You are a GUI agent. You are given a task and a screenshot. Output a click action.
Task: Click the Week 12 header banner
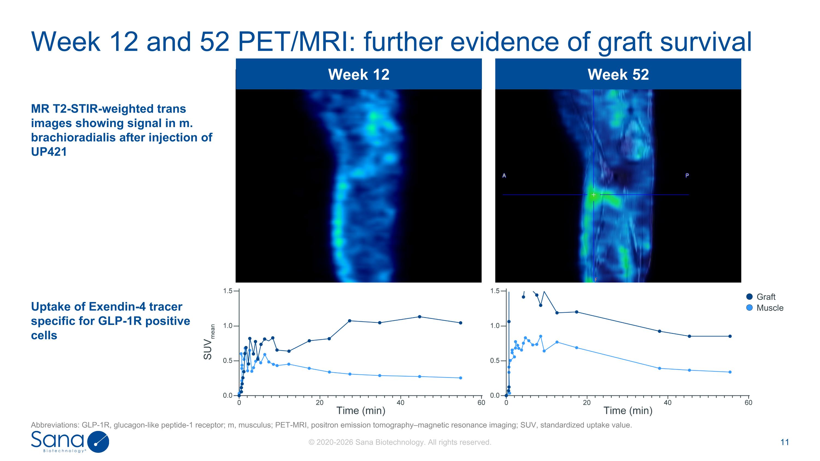(x=358, y=74)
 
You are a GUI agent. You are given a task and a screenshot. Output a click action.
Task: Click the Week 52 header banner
(x=618, y=74)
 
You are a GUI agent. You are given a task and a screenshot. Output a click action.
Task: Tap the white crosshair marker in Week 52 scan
(x=594, y=195)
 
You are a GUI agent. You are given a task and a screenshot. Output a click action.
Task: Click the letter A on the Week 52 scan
(x=504, y=176)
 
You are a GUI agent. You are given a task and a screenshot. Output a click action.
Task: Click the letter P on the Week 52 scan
(x=687, y=176)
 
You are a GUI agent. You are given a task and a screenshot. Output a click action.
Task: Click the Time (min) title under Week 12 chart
(x=361, y=411)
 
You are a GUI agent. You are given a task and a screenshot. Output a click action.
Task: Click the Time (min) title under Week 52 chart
(x=628, y=411)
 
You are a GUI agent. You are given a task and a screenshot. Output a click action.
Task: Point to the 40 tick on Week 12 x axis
(x=400, y=403)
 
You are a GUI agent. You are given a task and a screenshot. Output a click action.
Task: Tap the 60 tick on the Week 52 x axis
(x=748, y=403)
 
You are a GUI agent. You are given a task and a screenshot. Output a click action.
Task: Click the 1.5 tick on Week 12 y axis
(x=228, y=291)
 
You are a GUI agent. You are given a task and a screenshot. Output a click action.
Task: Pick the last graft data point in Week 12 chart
(x=461, y=323)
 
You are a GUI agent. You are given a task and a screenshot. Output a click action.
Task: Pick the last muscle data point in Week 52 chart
(x=730, y=372)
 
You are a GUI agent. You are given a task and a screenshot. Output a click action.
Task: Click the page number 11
(x=785, y=442)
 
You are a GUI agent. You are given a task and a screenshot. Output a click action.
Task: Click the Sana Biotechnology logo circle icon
(x=98, y=442)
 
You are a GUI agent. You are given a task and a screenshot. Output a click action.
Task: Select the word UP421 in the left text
(x=49, y=152)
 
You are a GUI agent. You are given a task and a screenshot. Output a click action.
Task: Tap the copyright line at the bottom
(x=400, y=442)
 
